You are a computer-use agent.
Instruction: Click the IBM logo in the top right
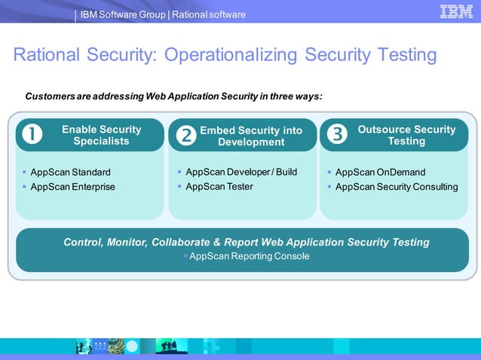[x=456, y=11]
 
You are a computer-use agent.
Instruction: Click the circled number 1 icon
[x=32, y=135]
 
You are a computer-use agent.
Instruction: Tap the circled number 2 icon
[x=185, y=136]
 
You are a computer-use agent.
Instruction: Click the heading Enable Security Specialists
[x=101, y=135]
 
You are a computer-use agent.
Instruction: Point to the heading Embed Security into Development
[x=251, y=136]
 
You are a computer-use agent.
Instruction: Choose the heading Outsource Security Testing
[x=406, y=135]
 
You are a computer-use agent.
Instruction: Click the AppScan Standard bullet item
[x=70, y=172]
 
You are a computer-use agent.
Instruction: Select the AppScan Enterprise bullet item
[x=72, y=187]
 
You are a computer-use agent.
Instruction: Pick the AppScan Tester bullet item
[x=219, y=186]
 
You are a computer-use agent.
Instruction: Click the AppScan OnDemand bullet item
[x=380, y=172]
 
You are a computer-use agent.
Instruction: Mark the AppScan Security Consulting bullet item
[x=397, y=187]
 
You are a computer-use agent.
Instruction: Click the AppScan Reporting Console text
[x=249, y=256]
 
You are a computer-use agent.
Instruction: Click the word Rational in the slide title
[x=50, y=55]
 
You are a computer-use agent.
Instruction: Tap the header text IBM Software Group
[x=122, y=14]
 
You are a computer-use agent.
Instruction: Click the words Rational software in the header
[x=209, y=14]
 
